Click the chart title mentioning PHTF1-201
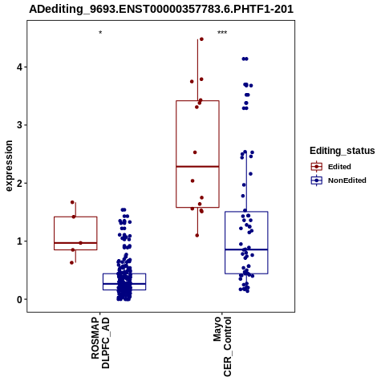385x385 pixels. [x=161, y=9]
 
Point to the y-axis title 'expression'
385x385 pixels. [x=9, y=166]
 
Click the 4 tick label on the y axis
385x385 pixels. [x=19, y=67]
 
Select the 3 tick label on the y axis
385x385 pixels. [x=19, y=125]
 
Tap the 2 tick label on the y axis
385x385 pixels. [x=19, y=183]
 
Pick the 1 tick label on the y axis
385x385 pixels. [x=19, y=241]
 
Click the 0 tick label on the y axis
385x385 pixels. [x=19, y=299]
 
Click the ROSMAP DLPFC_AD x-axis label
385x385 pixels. [x=100, y=342]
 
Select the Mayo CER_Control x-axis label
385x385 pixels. [x=222, y=346]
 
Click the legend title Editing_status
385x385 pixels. [x=342, y=151]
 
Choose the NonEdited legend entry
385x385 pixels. [x=338, y=180]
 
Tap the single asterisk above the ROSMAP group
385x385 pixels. [x=100, y=33]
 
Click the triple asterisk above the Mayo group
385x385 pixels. [x=222, y=33]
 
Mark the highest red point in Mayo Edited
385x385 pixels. [x=201, y=39]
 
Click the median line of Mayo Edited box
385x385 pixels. [x=197, y=167]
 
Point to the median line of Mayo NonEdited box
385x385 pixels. [x=246, y=249]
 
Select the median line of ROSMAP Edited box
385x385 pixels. [x=75, y=243]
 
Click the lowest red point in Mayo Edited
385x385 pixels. [x=197, y=236]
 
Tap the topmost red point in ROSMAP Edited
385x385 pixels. [x=72, y=202]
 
